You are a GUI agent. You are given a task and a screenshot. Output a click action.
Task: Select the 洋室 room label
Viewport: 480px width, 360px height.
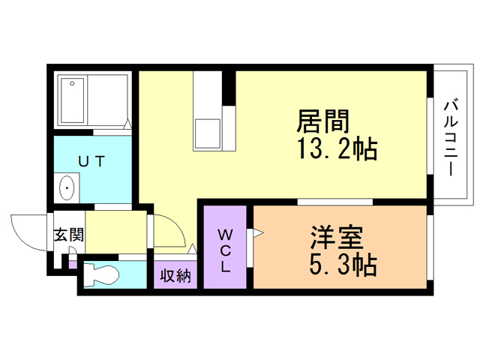point(337,238)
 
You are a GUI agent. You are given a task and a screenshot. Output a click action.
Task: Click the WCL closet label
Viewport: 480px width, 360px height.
point(226,251)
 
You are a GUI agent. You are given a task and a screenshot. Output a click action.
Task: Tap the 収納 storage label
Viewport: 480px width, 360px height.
point(176,276)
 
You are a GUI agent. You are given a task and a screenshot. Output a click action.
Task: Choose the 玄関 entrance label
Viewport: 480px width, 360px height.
point(67,235)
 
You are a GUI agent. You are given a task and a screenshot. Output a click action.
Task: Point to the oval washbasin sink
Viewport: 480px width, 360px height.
point(67,187)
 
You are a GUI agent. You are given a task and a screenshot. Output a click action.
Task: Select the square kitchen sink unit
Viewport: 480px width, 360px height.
point(208,133)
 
